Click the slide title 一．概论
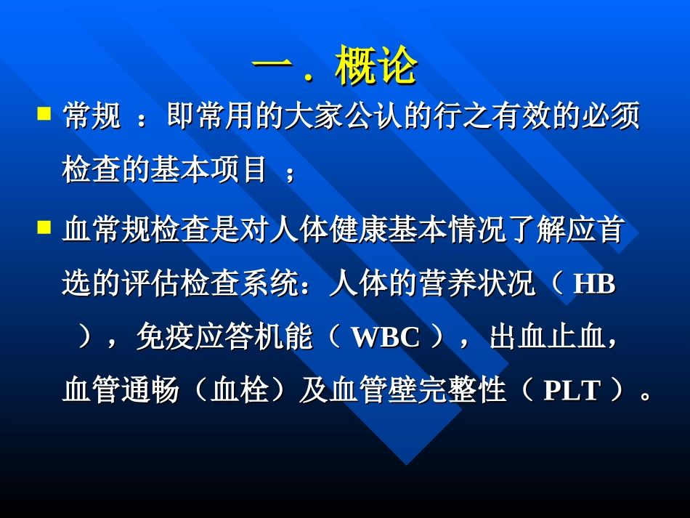(x=335, y=68)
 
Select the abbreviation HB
(x=593, y=285)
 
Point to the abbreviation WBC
(x=386, y=338)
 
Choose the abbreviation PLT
(x=572, y=391)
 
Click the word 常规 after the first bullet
(x=92, y=116)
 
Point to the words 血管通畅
(x=121, y=391)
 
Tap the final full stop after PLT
(x=646, y=397)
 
